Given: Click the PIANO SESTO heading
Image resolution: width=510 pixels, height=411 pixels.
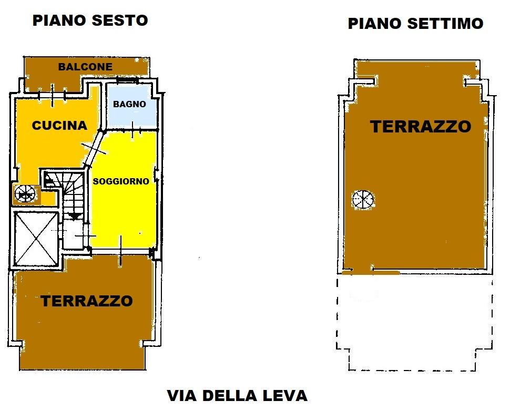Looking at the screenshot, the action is pyautogui.click(x=90, y=20).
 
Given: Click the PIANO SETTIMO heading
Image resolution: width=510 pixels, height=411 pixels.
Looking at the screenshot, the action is pyautogui.click(x=415, y=24).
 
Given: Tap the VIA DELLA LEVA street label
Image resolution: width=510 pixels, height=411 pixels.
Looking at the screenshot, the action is pyautogui.click(x=237, y=396).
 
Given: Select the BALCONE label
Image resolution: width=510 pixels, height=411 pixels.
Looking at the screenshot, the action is pyautogui.click(x=85, y=67).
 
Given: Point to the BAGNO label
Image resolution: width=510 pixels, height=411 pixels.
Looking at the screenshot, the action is pyautogui.click(x=129, y=104).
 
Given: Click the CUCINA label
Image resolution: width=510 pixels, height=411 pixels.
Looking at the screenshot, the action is pyautogui.click(x=59, y=125).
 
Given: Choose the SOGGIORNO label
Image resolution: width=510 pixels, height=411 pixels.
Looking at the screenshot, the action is pyautogui.click(x=121, y=181).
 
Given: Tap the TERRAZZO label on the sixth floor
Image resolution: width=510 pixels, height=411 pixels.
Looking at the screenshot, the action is pyautogui.click(x=87, y=301).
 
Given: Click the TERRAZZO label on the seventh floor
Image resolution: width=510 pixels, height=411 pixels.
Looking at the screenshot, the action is pyautogui.click(x=421, y=126).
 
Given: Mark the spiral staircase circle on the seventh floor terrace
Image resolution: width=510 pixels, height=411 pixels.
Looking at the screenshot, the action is pyautogui.click(x=363, y=199).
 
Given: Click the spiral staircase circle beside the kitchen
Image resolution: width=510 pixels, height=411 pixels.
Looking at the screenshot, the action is pyautogui.click(x=25, y=194).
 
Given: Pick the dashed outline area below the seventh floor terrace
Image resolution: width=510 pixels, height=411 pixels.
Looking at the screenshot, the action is pyautogui.click(x=414, y=322).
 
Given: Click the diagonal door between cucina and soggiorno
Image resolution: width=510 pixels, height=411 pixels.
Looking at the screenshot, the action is pyautogui.click(x=94, y=149).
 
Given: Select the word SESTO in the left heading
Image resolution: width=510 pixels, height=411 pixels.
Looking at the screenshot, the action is pyautogui.click(x=120, y=20).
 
